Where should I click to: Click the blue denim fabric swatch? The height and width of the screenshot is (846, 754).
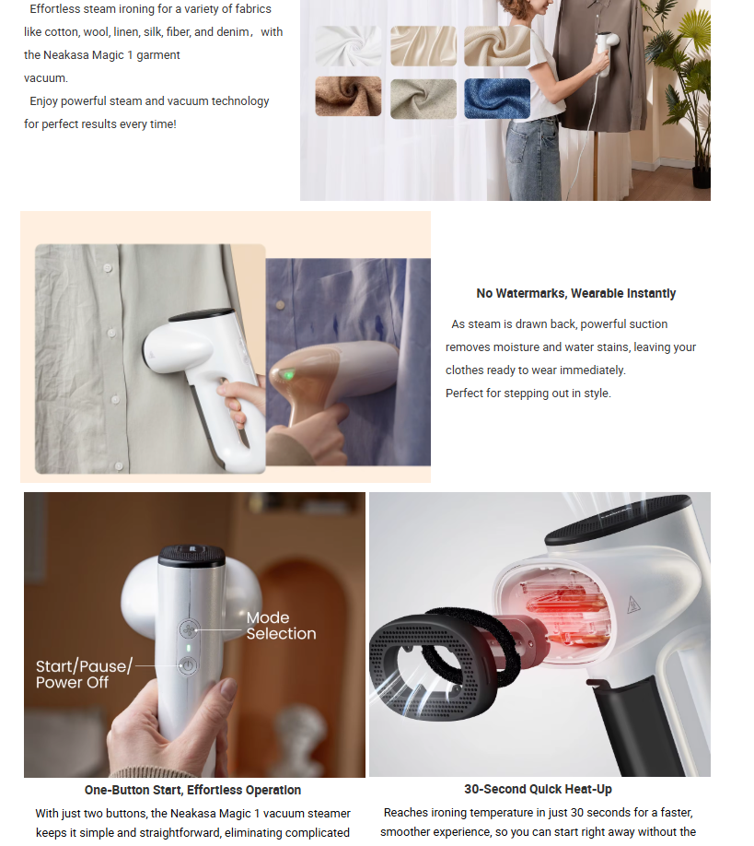497,99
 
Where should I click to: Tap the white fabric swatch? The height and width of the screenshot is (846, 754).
348,46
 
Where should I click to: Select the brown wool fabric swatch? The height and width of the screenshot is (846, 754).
348,96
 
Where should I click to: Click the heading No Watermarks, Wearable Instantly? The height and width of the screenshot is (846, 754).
575,293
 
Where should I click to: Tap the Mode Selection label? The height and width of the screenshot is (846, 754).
282,626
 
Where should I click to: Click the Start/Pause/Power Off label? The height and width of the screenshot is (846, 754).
84,674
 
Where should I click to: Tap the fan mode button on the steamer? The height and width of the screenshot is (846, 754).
188,629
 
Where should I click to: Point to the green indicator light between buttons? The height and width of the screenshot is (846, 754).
188,648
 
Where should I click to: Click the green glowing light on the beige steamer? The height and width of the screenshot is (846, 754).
289,374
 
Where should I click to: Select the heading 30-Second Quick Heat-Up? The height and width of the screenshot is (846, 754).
538,790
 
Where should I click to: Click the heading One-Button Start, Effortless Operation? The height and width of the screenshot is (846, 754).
192,791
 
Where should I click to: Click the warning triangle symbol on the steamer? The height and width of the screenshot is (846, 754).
633,605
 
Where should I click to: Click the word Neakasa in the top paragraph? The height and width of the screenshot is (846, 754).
65,55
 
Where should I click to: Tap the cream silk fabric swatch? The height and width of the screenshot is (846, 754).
423,46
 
